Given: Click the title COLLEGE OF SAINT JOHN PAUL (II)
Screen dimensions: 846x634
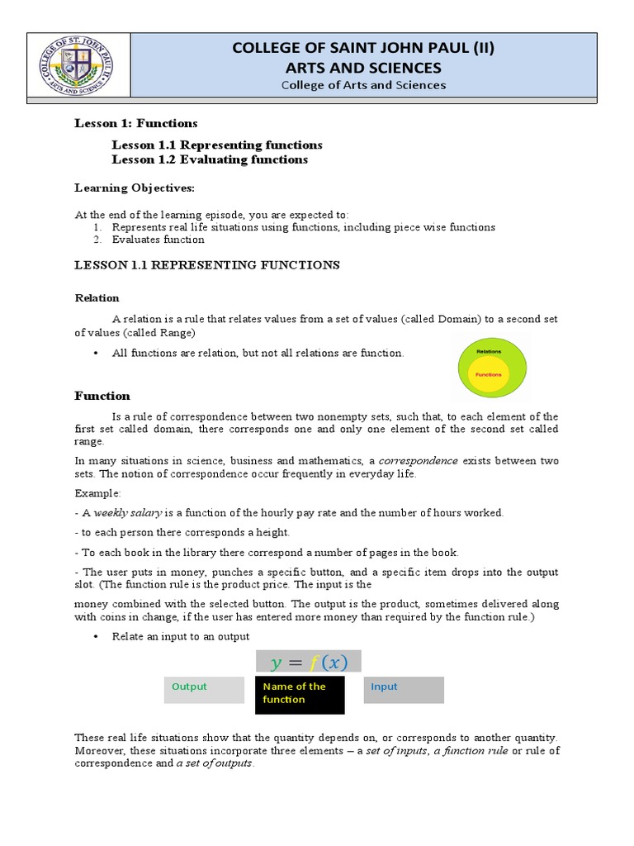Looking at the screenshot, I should click(363, 49).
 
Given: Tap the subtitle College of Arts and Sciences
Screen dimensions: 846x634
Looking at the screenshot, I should click(363, 85).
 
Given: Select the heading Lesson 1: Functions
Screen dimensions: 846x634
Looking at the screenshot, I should click(136, 123).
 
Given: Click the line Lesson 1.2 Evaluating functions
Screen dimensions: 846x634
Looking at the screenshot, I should click(210, 159).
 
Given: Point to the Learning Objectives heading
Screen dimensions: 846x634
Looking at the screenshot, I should click(135, 188).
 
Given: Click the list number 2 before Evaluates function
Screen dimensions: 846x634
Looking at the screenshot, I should click(97, 240).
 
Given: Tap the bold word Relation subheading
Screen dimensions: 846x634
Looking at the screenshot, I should click(97, 297).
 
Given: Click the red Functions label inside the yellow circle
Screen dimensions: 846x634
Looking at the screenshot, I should click(488, 374).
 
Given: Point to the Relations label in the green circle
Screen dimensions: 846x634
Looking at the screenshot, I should click(488, 351).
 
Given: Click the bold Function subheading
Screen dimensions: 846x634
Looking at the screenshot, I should click(102, 396).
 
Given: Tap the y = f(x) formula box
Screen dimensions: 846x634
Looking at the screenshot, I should click(308, 662).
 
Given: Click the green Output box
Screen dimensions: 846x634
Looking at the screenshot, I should click(204, 690).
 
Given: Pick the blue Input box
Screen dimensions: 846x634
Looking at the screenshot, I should click(404, 690).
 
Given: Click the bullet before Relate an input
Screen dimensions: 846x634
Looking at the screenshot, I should click(97, 636).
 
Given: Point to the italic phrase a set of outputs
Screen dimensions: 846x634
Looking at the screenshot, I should click(214, 763).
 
